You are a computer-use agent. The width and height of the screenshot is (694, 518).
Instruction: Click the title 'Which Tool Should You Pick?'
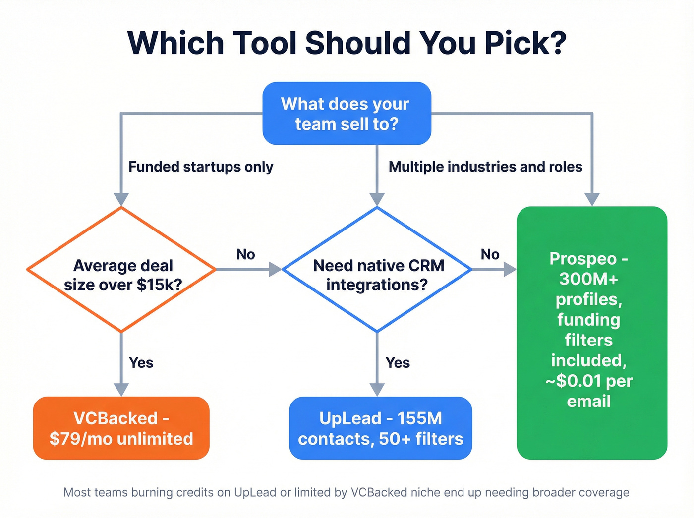coord(347,43)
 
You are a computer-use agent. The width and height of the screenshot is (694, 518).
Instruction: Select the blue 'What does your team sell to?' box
coord(347,114)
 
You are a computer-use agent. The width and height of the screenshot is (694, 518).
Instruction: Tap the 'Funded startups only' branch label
coord(201,167)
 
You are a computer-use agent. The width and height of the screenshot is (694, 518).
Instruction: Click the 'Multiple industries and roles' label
coord(485,167)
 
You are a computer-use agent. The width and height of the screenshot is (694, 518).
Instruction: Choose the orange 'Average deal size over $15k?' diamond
coord(121,270)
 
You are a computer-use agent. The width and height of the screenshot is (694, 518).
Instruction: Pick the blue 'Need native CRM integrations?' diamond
coord(377,270)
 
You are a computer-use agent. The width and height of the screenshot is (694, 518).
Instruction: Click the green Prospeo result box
coord(592,332)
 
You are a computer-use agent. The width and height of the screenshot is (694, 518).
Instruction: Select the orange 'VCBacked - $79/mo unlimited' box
coord(121,428)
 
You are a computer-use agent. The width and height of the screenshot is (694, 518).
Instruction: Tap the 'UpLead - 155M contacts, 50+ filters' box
coord(380,428)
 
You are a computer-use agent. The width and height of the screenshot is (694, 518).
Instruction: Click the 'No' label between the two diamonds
coord(245,254)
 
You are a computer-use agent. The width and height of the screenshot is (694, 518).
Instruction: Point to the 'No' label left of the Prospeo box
coord(490,254)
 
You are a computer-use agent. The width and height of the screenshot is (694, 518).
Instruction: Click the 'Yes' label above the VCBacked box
coord(141,362)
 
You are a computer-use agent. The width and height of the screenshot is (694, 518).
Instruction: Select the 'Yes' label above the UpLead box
coord(398,362)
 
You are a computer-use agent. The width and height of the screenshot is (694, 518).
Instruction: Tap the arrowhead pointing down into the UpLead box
coord(377,390)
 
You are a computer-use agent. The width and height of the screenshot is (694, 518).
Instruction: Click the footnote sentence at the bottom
coord(347,492)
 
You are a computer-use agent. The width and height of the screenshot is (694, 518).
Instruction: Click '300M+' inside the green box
coord(588,279)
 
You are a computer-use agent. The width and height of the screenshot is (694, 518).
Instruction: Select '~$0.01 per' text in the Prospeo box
coord(589,381)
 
